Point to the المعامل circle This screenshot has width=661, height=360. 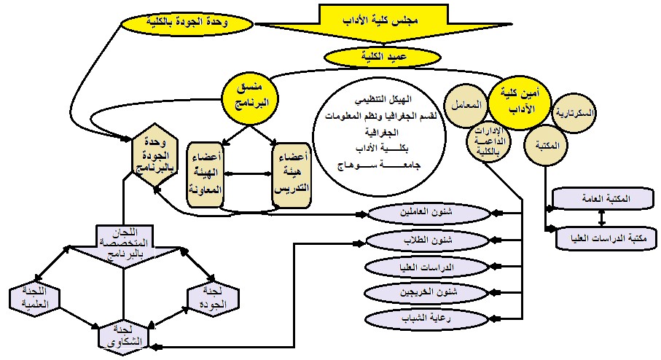[469, 107]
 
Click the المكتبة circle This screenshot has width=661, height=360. [552, 145]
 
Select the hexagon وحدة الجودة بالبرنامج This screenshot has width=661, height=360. [155, 156]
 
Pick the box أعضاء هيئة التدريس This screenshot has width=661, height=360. [290, 173]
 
